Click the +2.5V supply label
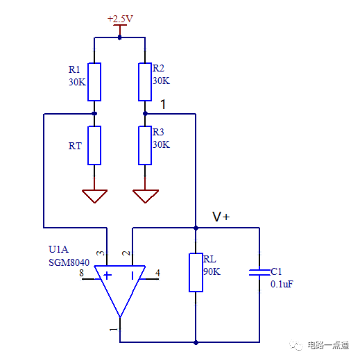(x=119, y=19)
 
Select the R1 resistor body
(x=94, y=81)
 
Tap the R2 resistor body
(x=145, y=81)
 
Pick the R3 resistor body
(x=145, y=145)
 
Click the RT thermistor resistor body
(x=94, y=145)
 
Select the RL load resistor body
(x=196, y=272)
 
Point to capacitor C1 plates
(x=259, y=273)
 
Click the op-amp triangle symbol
(x=120, y=288)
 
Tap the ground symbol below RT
(x=94, y=196)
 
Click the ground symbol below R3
(x=145, y=196)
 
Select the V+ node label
(x=221, y=217)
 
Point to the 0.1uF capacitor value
(x=282, y=284)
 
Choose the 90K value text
(x=212, y=271)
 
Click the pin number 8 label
(x=81, y=274)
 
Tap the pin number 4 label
(x=158, y=274)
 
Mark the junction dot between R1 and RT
(x=94, y=113)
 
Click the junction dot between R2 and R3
(x=145, y=113)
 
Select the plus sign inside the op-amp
(x=108, y=275)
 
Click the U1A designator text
(x=58, y=249)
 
